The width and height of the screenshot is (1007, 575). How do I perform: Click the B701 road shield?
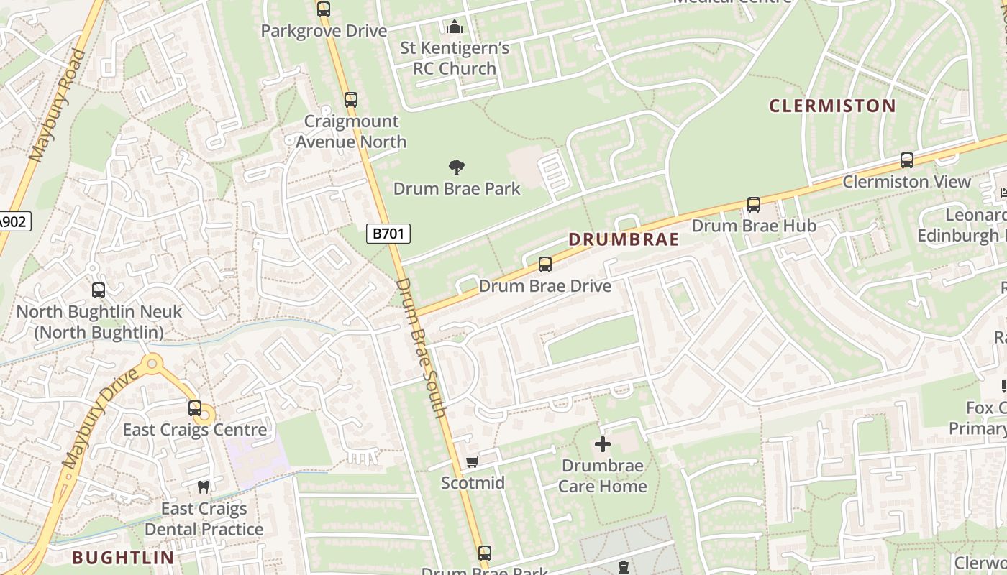point(388,233)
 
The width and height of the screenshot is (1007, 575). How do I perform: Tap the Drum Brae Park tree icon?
point(456,168)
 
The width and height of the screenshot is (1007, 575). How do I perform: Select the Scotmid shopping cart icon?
point(472,461)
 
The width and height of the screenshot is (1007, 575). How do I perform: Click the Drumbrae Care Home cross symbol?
point(603,445)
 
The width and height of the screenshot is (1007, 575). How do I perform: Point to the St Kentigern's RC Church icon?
point(454,28)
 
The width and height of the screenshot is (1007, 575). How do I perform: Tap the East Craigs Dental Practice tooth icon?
point(204,487)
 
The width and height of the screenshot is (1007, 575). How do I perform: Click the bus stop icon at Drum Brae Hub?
point(753,205)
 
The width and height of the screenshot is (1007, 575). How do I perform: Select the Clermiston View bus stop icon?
point(907,160)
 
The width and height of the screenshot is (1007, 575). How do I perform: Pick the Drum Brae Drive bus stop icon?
point(545,264)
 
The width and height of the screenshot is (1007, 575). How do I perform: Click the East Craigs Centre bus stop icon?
point(194,408)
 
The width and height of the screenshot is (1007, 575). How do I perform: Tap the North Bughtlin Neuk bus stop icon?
point(99,290)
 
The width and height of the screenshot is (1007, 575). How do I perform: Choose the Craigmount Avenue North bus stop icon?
point(350,100)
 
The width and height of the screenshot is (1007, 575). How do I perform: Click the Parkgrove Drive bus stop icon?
point(324,9)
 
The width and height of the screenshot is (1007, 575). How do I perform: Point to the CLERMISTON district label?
point(832,106)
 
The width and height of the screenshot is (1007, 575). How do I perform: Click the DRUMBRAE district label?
point(624,239)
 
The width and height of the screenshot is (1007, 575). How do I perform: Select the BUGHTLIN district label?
point(123,557)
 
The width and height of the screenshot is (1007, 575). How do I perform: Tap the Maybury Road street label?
point(58,104)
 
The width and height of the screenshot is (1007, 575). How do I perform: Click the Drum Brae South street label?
point(422,347)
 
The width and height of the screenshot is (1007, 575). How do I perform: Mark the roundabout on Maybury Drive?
point(152,364)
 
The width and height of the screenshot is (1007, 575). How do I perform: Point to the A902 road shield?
point(12,221)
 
